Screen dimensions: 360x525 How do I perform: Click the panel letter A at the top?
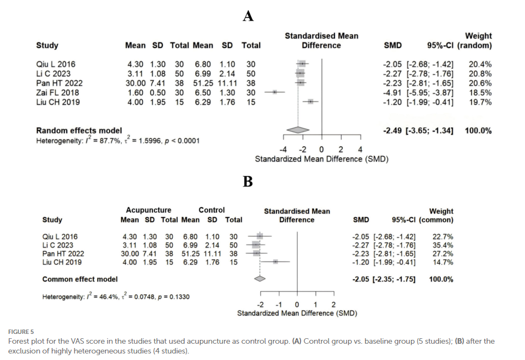click(x=248, y=17)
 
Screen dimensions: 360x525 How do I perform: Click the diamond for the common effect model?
click(x=260, y=279)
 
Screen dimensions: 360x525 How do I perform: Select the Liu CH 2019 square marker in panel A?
click(x=310, y=101)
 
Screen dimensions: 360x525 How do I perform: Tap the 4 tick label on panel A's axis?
click(x=360, y=150)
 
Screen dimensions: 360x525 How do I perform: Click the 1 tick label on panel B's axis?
click(x=315, y=305)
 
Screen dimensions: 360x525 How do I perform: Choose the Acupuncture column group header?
click(x=148, y=210)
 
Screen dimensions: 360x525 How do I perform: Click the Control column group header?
click(x=211, y=210)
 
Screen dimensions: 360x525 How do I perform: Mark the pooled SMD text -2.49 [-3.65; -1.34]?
click(x=418, y=131)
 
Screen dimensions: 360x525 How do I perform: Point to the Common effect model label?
click(x=80, y=279)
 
